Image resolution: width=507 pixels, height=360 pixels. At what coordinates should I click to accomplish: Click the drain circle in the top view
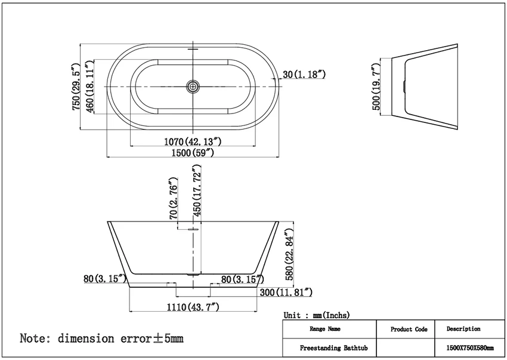193,87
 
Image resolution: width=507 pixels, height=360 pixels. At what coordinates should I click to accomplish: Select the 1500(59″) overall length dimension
193,152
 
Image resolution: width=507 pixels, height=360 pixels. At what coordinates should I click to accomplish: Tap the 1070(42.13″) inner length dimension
193,141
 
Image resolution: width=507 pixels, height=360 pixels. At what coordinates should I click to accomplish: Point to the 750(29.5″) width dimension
76,87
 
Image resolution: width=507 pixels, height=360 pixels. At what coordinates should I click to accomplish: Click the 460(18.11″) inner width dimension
89,87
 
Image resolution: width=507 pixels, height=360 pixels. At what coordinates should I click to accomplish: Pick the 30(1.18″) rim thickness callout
304,74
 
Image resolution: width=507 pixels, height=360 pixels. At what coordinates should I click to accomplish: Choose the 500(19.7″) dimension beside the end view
376,87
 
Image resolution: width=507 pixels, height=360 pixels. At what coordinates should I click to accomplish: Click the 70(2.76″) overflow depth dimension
174,198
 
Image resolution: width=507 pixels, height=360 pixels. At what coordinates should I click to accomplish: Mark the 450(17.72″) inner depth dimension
197,190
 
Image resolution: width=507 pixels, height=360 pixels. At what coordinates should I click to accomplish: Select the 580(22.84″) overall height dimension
289,254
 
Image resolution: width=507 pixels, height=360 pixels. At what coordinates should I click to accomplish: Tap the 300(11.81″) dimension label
286,293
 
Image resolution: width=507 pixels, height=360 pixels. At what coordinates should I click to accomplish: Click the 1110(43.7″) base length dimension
193,307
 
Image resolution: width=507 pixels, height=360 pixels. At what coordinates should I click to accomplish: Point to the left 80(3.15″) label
105,278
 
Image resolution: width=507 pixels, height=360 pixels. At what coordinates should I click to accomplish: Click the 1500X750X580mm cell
470,348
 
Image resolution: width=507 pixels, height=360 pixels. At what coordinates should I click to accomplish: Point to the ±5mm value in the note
168,339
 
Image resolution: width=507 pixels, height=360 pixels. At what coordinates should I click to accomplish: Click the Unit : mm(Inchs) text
317,315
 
